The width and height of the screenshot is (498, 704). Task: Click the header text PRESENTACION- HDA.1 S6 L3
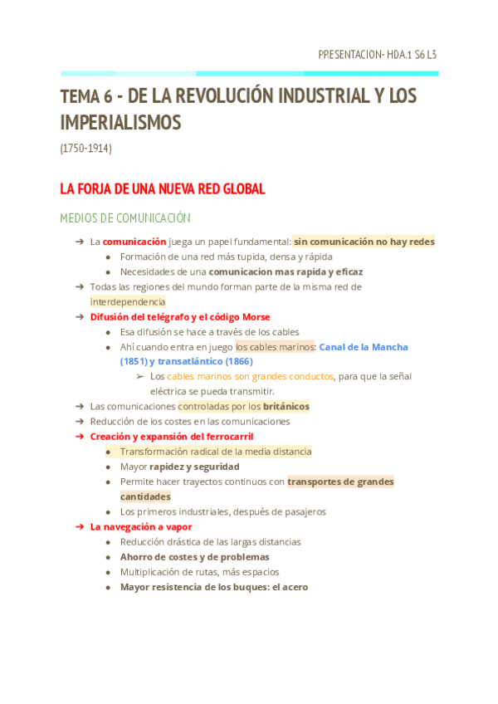click(x=378, y=55)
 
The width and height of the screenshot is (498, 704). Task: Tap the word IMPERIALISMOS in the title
click(x=120, y=123)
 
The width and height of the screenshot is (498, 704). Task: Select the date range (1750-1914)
click(x=86, y=149)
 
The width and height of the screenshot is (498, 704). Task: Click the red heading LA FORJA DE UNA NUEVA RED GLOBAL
click(x=163, y=189)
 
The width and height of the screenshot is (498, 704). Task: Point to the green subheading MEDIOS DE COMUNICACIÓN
click(x=125, y=218)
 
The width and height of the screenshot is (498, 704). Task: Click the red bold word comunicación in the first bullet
click(x=134, y=242)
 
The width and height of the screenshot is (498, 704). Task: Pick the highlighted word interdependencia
click(x=128, y=301)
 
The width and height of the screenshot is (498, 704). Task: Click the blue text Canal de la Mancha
click(x=364, y=346)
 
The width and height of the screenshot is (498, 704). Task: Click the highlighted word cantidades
click(x=145, y=496)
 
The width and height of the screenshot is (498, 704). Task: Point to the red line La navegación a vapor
click(x=141, y=526)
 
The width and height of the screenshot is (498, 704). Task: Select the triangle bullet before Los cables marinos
click(x=139, y=376)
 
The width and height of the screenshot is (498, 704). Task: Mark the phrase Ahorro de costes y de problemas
click(x=194, y=556)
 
